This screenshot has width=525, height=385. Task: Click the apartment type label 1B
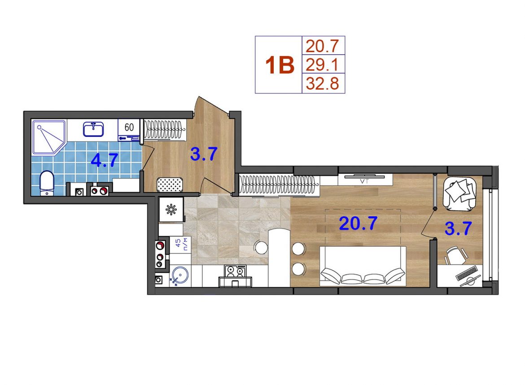point(280,65)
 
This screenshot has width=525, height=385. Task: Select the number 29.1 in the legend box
point(323,64)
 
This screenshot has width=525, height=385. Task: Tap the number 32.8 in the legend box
point(323,83)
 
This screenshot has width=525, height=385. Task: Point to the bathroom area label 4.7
point(105,160)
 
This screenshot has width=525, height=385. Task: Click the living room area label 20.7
point(358,223)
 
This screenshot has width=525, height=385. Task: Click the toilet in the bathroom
point(47,183)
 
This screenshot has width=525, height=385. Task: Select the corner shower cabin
point(49,138)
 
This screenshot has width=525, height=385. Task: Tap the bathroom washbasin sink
point(93,129)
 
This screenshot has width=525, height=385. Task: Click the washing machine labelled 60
point(129,130)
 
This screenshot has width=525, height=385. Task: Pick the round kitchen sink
point(180,276)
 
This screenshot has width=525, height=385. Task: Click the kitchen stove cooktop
point(236,271)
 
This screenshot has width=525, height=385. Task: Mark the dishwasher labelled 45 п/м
point(180,245)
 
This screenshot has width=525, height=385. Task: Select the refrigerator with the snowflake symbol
point(171,210)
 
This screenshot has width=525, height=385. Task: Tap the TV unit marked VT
point(365,179)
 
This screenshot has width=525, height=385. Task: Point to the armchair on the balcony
point(459,194)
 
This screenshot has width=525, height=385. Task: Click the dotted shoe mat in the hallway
point(170,184)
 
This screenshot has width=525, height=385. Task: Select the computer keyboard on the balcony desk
point(466,273)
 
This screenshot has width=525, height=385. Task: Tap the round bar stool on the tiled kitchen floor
point(261,248)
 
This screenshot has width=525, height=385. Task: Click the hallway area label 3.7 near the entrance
point(204,154)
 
